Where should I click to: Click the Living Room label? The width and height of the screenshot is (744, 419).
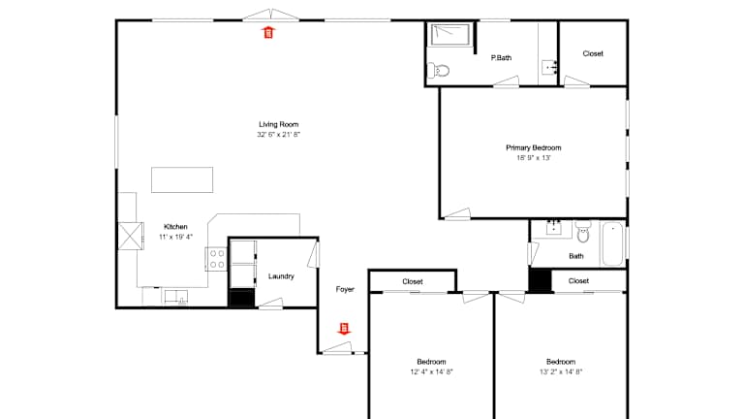point(279,124)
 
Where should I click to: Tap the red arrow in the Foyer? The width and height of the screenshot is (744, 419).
point(344,329)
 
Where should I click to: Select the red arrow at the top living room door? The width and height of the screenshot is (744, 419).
point(268,32)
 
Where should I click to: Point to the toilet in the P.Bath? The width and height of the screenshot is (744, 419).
point(439,71)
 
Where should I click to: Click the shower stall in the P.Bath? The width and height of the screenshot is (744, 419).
point(449,35)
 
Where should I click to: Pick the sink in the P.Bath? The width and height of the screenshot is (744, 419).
point(549,68)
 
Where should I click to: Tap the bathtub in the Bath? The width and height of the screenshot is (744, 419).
point(612,243)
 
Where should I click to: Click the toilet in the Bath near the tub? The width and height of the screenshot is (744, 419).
point(583,232)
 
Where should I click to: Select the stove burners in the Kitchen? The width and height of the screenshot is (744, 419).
point(217,259)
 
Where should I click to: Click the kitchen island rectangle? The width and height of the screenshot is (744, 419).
point(182,179)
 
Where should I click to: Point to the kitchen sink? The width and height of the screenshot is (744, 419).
point(176,297)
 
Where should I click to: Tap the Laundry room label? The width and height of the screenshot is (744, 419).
point(281,276)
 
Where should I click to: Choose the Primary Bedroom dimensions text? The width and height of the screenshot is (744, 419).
point(534,158)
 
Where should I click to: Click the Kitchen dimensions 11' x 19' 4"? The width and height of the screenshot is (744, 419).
point(175,237)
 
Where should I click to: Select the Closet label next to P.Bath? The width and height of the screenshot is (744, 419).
point(593,53)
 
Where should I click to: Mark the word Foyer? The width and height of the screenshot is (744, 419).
point(345,289)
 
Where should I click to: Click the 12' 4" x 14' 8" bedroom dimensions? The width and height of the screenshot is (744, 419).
point(432,372)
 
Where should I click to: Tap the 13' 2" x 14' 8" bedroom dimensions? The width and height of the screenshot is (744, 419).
point(561,372)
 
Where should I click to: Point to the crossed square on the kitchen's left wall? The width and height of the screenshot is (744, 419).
point(131,236)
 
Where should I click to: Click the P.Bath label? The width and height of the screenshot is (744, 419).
point(501,58)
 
